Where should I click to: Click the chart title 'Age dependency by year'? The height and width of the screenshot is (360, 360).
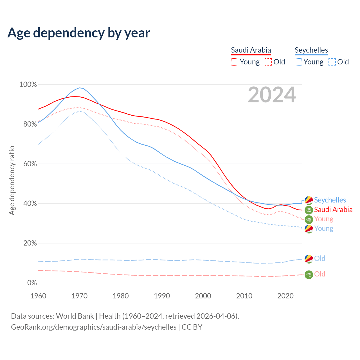[x=79, y=33]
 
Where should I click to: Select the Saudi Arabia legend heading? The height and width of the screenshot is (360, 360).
[x=251, y=50]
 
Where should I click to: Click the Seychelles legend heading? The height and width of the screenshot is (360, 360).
[x=311, y=50]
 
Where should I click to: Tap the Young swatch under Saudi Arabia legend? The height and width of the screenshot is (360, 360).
[x=235, y=62]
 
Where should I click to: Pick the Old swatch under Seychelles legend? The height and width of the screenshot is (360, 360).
[x=332, y=62]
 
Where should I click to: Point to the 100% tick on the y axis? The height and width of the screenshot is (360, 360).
[x=28, y=85]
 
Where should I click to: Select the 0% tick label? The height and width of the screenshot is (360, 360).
[x=32, y=283]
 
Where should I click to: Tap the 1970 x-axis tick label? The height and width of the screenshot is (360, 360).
[x=80, y=296]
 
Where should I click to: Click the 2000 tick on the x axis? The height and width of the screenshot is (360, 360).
[x=203, y=296]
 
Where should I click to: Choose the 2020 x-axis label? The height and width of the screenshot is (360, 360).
[x=285, y=296]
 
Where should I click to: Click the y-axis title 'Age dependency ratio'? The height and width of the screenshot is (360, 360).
[x=12, y=180]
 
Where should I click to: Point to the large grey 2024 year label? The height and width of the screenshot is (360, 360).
[x=272, y=95]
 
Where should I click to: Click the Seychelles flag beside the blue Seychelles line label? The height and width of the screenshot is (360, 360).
[x=309, y=200]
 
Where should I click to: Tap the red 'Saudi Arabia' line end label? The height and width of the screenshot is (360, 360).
[x=333, y=210]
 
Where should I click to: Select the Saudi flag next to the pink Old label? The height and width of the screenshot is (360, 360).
[x=309, y=274]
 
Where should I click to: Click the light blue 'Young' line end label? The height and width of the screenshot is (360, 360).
[x=324, y=228]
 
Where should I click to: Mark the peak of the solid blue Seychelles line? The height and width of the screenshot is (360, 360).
[x=80, y=88]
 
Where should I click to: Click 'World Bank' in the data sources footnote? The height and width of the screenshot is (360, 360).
[x=75, y=316]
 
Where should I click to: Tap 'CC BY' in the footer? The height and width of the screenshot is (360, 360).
[x=192, y=327]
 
